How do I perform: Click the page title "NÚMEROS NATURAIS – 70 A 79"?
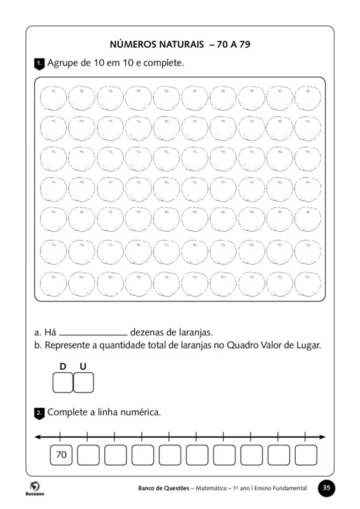click(180, 45)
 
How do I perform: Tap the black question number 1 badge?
click(39, 64)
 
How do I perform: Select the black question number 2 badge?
click(39, 413)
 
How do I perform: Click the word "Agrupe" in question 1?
click(63, 64)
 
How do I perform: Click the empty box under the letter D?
click(63, 383)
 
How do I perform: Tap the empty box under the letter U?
click(84, 383)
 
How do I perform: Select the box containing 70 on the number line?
click(61, 455)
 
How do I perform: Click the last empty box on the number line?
click(306, 455)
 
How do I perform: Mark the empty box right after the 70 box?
click(88, 455)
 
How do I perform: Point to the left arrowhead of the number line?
click(38, 437)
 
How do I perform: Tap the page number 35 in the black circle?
click(326, 488)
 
